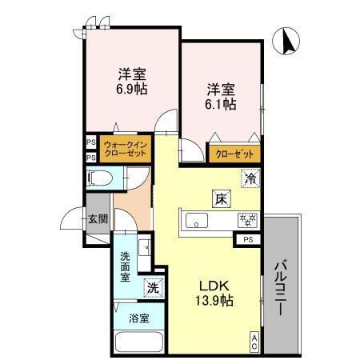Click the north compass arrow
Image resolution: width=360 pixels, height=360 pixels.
point(286,41)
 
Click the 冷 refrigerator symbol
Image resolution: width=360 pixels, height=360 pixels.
point(251,178)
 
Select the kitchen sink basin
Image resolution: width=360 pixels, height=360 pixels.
point(197,220)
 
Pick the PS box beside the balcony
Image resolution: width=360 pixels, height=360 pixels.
point(248,238)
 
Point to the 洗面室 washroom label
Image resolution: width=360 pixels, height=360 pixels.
point(126,268)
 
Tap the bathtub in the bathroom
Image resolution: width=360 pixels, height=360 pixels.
point(141,342)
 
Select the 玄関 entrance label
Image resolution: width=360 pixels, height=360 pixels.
point(98,218)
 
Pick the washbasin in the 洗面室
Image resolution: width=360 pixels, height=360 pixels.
point(144,246)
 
